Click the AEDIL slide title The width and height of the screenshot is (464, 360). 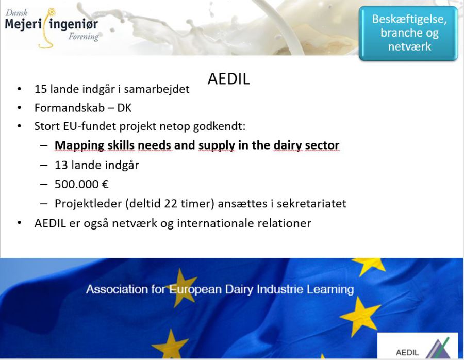pyautogui.click(x=229, y=79)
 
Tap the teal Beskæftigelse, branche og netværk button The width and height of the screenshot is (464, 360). pyautogui.click(x=408, y=33)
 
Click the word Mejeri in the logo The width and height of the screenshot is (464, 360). pyautogui.click(x=23, y=24)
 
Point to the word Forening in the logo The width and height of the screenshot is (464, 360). pyautogui.click(x=84, y=37)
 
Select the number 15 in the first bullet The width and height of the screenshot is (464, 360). pyautogui.click(x=41, y=89)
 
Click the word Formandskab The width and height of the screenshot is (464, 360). pyautogui.click(x=70, y=108)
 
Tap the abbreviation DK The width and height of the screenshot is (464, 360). pyautogui.click(x=124, y=108)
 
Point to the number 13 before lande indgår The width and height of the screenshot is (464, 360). pyautogui.click(x=61, y=165)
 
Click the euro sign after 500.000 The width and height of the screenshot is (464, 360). pyautogui.click(x=105, y=184)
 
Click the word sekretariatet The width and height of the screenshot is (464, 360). pyautogui.click(x=311, y=204)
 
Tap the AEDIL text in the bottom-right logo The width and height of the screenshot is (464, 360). pyautogui.click(x=407, y=353)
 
